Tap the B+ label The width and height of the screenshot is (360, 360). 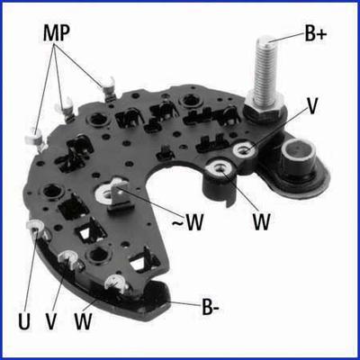click(316, 34)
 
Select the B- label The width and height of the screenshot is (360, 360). click(211, 308)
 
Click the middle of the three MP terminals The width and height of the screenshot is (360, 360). click(65, 105)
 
